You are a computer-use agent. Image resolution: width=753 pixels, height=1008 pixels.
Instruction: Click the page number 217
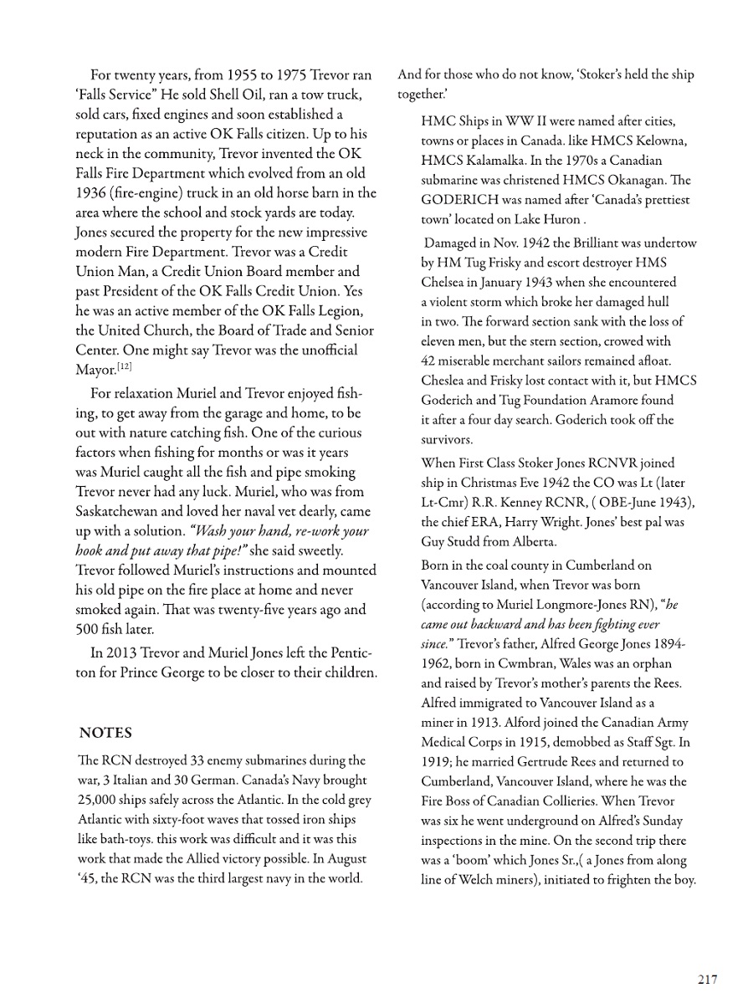click(707, 980)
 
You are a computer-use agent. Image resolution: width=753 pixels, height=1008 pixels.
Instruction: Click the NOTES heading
click(105, 733)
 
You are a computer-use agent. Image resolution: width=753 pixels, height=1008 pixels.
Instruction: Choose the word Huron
click(560, 219)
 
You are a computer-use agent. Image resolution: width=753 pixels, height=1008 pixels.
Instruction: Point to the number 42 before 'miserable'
click(430, 361)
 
